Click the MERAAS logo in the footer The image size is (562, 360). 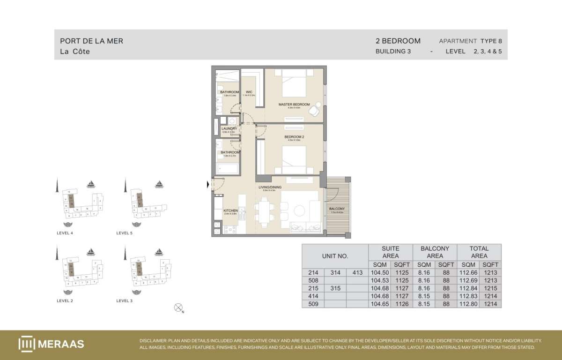(x=52, y=344)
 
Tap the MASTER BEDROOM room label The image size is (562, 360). (x=294, y=104)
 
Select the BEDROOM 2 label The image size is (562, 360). (x=294, y=137)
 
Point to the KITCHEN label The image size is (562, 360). (x=230, y=210)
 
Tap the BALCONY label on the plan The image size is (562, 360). (x=337, y=209)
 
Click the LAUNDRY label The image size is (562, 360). (x=229, y=128)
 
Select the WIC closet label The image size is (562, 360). (x=249, y=92)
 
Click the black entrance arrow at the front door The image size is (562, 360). (x=208, y=186)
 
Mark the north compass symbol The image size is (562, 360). (x=178, y=307)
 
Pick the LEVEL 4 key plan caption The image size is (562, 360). (x=64, y=233)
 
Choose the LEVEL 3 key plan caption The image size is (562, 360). (x=124, y=300)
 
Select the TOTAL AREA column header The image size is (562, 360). (x=479, y=252)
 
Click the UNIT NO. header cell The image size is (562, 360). (x=335, y=256)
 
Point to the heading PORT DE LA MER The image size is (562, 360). (x=92, y=41)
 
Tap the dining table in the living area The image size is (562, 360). (x=265, y=211)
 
